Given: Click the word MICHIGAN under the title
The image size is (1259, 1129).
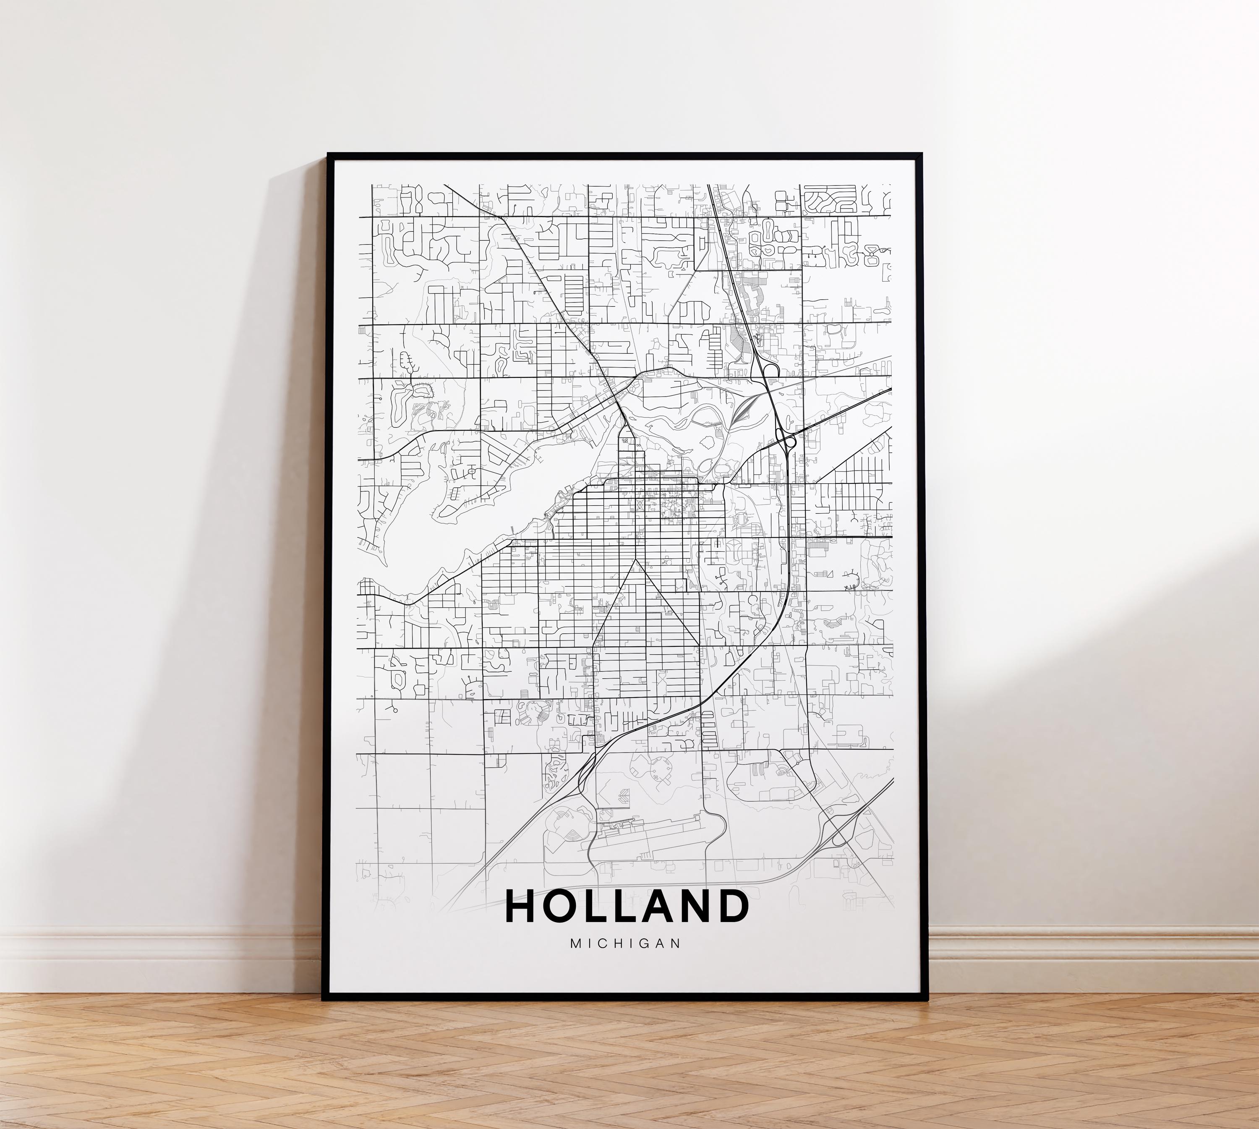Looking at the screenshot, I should (x=625, y=943).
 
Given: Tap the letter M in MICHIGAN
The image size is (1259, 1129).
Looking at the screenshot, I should (x=575, y=943).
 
